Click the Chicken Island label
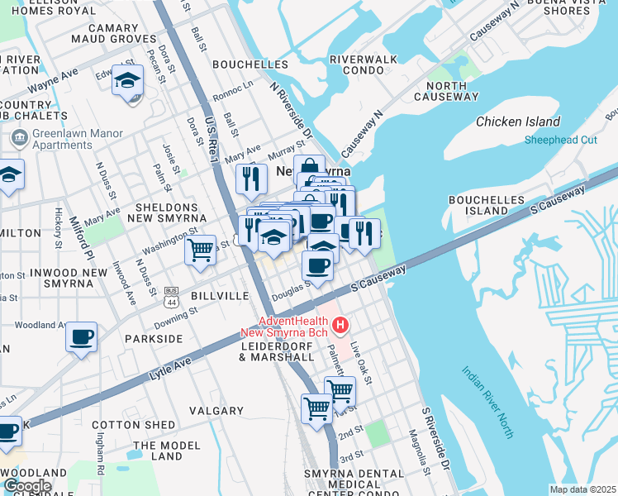[x=518, y=122]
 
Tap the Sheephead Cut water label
[x=560, y=140]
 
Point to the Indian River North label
[x=487, y=403]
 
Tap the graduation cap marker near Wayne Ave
[x=128, y=81]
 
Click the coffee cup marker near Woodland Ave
[x=81, y=337]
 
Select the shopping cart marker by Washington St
[x=200, y=250]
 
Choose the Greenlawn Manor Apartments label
[x=78, y=139]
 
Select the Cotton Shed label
[x=134, y=425]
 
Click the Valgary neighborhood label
[x=216, y=410]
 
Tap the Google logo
[x=26, y=485]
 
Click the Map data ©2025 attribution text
[x=583, y=489]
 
